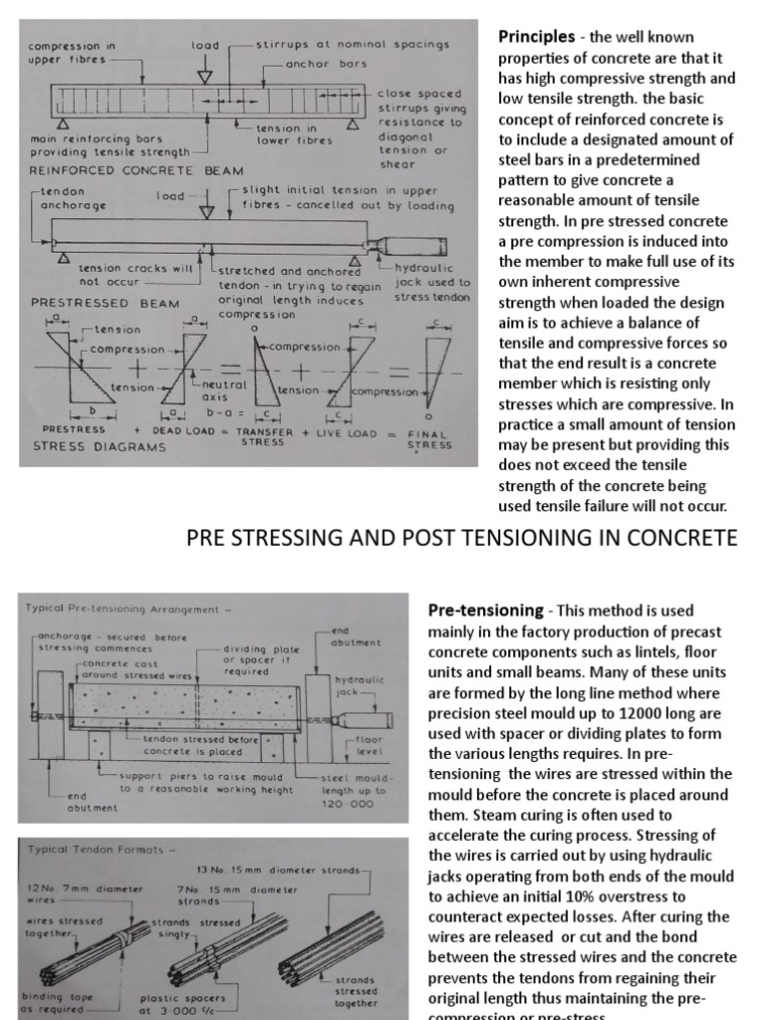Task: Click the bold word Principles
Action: (538, 37)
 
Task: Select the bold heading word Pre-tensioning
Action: (485, 610)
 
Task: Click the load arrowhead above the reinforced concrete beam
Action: (205, 77)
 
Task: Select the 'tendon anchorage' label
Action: (60, 199)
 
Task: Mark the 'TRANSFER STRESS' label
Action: (265, 438)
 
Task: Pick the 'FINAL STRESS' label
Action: (430, 439)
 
